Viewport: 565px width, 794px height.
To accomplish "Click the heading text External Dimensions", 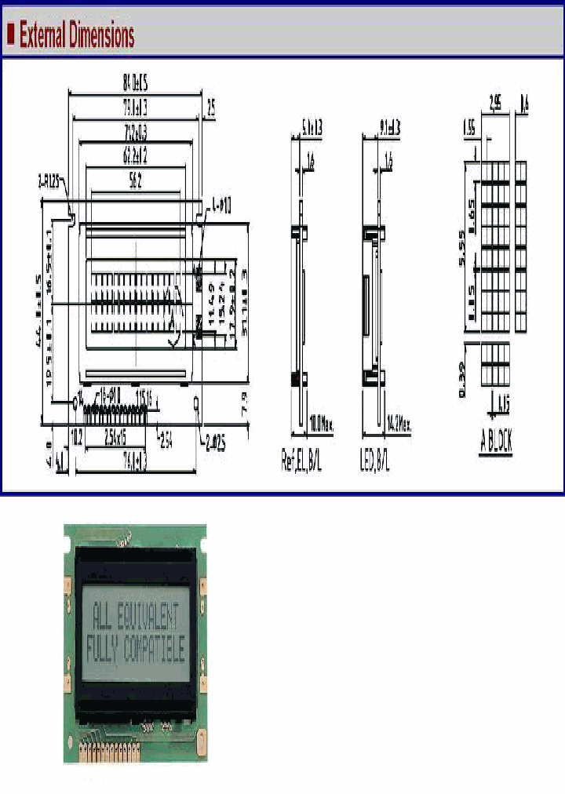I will pyautogui.click(x=77, y=35).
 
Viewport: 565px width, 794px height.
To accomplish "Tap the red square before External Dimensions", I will pyautogui.click(x=11, y=34).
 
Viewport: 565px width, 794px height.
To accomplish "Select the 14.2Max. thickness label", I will pyautogui.click(x=396, y=427).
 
